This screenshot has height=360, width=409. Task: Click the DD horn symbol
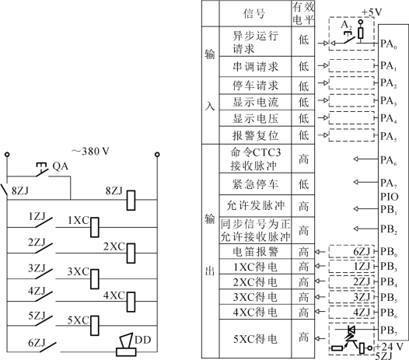tap(126, 344)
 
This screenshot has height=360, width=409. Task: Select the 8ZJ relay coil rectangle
tap(131, 201)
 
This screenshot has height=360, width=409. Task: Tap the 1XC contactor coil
tap(94, 227)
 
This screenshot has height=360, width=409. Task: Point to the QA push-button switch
tap(42, 170)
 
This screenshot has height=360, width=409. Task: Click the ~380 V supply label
tap(90, 152)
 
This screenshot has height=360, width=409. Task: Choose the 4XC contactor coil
tap(131, 302)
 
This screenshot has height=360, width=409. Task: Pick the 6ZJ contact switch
tap(47, 347)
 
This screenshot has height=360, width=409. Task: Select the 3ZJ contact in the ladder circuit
tap(44, 274)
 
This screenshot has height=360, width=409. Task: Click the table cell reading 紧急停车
tap(255, 184)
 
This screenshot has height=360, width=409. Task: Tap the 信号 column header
tap(254, 13)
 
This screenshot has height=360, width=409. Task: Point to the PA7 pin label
tap(389, 183)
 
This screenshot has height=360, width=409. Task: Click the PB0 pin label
tap(389, 252)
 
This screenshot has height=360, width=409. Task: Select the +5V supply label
tap(372, 12)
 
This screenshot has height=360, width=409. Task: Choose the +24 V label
tap(389, 348)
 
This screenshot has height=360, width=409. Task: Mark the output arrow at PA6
tap(365, 159)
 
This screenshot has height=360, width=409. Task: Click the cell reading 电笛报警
tap(255, 251)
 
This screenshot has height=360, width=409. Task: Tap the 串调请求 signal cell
tap(255, 67)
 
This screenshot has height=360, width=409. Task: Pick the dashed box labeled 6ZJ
tap(351, 251)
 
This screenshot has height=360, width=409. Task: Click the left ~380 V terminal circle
tap(7, 155)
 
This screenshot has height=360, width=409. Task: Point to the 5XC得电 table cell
tap(255, 339)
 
